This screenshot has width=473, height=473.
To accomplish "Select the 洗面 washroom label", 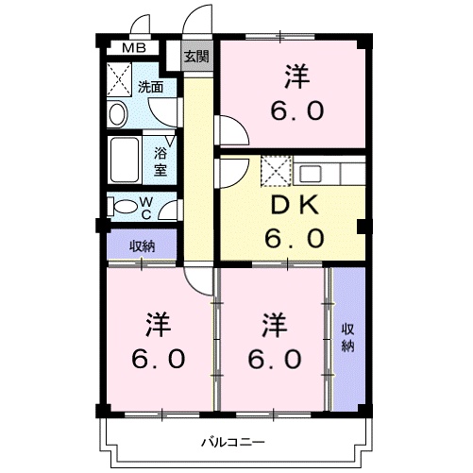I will point(150,87).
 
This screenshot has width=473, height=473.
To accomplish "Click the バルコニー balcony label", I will point(232,441).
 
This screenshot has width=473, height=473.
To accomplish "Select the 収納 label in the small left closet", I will point(143,246).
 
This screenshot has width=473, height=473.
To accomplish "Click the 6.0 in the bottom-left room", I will point(158,361).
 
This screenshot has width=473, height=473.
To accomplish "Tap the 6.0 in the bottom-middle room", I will point(275,361).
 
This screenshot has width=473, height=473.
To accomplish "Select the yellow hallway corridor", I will point(196,170).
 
